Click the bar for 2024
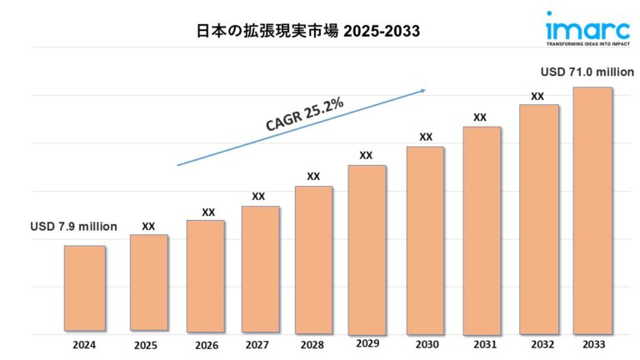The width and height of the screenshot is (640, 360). tap(85, 287)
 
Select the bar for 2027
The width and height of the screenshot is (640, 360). tap(261, 267)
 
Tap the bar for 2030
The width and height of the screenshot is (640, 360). tap(425, 238)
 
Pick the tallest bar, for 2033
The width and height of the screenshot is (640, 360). tap(592, 208)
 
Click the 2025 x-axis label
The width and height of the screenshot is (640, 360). tap(148, 344)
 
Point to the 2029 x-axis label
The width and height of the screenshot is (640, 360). tap(367, 343)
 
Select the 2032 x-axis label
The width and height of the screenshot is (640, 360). tap(537, 343)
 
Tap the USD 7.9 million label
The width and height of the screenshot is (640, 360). tap(73, 226)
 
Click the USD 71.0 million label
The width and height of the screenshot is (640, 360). tap(587, 72)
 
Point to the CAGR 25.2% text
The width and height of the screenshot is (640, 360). tap(305, 113)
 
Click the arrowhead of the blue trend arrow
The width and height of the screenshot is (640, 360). tap(423, 90)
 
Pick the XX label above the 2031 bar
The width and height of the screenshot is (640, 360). tap(480, 117)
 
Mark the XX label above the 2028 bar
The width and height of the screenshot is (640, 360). tap(313, 176)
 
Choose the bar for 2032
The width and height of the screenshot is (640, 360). tap(538, 217)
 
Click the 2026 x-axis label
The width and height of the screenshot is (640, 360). tap(204, 344)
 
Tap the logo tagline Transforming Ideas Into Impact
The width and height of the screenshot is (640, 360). tap(583, 41)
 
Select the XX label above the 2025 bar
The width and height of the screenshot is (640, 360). tap(148, 226)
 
